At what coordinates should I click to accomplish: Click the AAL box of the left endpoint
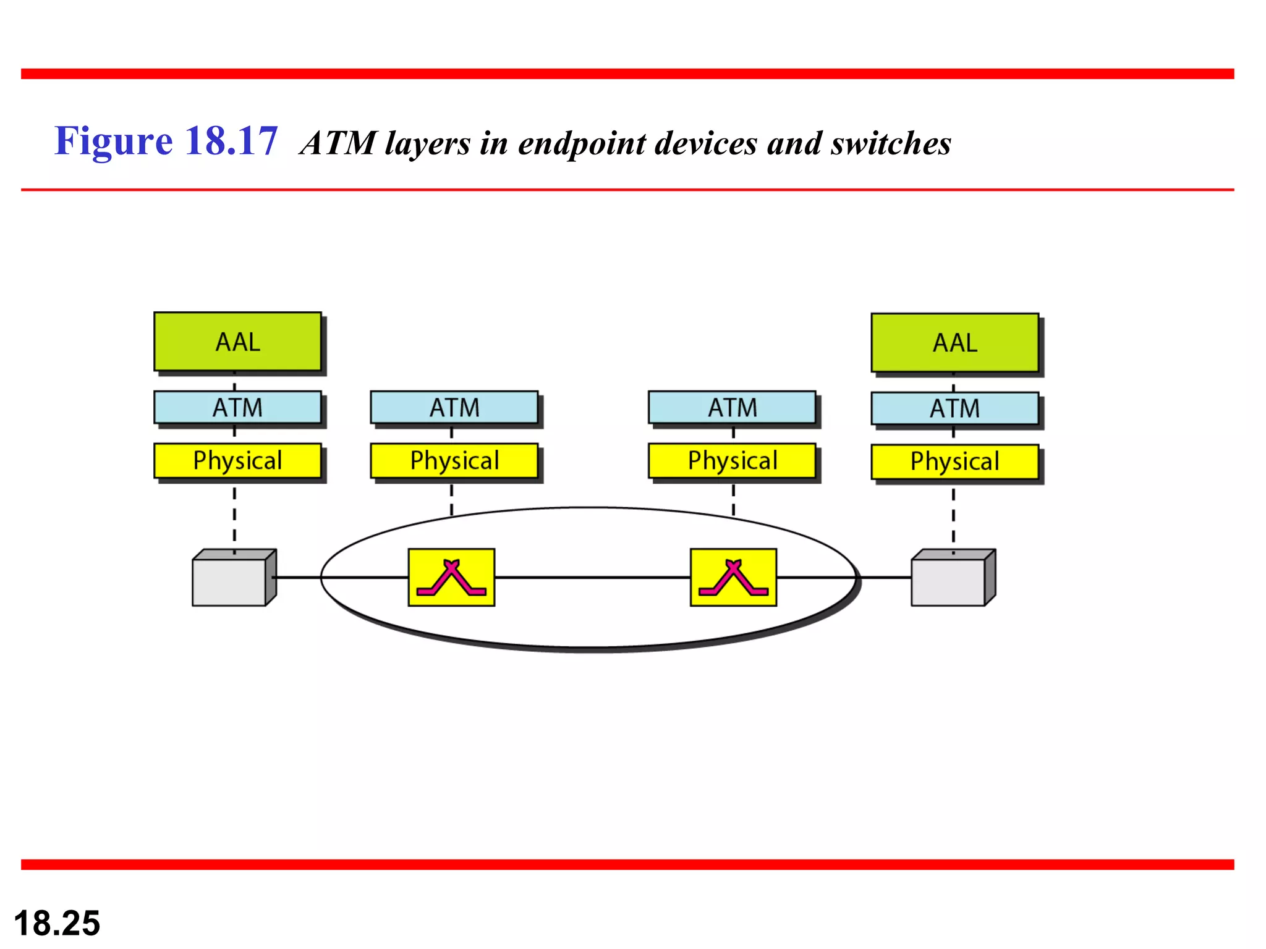[x=237, y=342]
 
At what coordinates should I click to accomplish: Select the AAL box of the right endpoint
[x=954, y=343]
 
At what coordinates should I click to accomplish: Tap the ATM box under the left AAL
[x=237, y=408]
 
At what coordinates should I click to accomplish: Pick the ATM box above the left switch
[x=454, y=408]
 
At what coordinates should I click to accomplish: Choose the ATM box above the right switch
[x=732, y=408]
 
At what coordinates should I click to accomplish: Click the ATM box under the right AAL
[x=954, y=408]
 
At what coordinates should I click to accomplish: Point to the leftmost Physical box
[x=237, y=461]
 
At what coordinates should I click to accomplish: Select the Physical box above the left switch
[x=454, y=461]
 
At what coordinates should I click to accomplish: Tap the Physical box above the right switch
[x=732, y=461]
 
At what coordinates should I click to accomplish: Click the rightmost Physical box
[x=954, y=462]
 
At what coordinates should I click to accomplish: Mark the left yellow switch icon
[x=451, y=577]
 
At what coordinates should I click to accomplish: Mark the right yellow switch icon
[x=733, y=577]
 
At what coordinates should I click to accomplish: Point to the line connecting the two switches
[x=592, y=577]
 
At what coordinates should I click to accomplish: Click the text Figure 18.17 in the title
[x=166, y=141]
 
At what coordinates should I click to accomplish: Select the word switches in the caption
[x=890, y=143]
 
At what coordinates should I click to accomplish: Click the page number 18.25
[x=57, y=923]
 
